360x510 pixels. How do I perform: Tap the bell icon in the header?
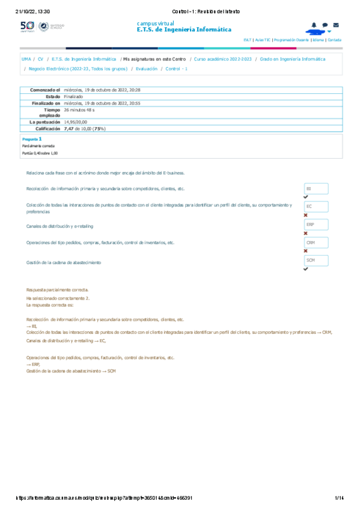pos(314,25)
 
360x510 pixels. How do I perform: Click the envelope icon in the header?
pos(335,25)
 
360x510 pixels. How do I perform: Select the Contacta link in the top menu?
pos(334,39)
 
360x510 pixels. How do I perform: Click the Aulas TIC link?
pos(263,39)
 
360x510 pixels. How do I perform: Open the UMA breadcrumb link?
pos(26,60)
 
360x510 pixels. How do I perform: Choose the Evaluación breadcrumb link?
pos(147,69)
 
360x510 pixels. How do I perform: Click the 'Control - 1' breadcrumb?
pos(177,69)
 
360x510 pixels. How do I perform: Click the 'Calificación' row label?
pos(46,129)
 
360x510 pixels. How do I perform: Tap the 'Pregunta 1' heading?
pos(32,138)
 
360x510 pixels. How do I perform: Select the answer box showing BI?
pos(316,188)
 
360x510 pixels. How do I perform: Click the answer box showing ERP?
pos(316,224)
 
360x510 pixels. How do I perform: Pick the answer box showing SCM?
pos(316,260)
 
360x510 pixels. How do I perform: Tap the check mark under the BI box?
pos(306,197)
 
